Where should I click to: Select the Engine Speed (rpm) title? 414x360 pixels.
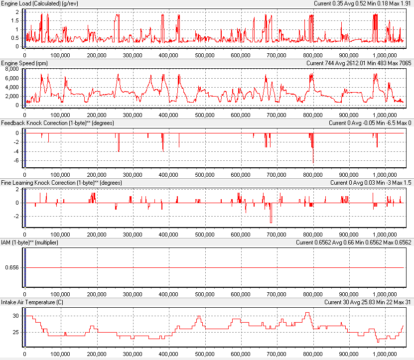(x=26, y=63)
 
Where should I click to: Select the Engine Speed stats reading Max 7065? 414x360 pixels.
(x=399, y=63)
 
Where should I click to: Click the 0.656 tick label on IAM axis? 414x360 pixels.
(x=11, y=267)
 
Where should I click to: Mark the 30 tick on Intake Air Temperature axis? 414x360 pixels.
(x=15, y=316)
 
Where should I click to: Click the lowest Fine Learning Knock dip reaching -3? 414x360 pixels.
(x=271, y=222)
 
